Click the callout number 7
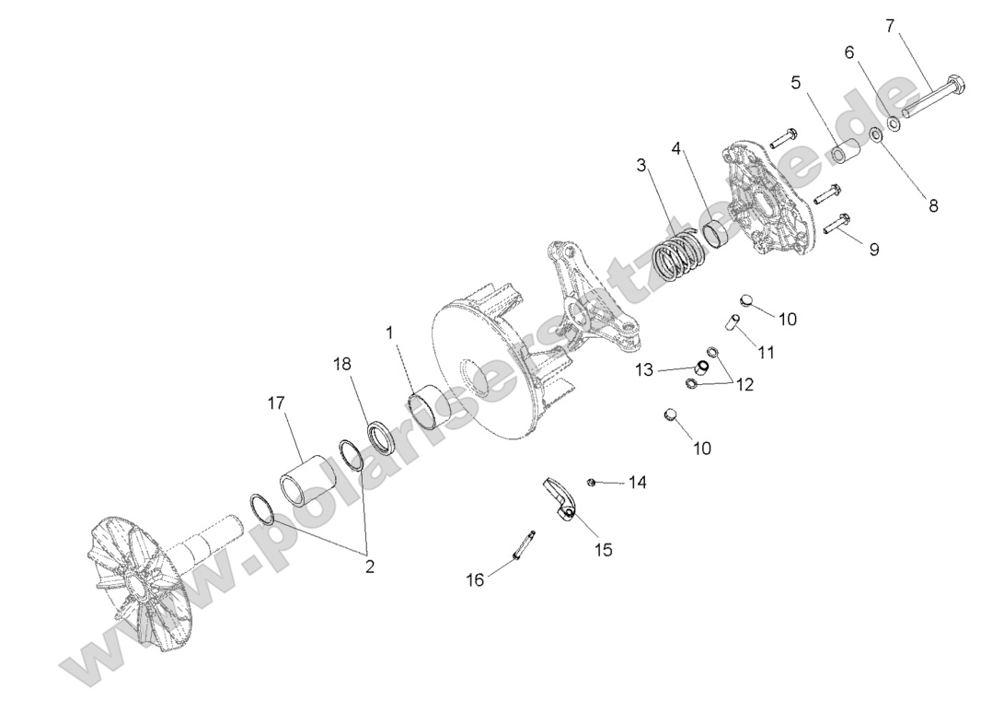click(890, 26)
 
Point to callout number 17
click(275, 403)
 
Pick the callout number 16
click(475, 579)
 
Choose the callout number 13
click(643, 369)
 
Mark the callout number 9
click(872, 249)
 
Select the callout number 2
click(370, 566)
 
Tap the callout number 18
click(342, 364)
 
